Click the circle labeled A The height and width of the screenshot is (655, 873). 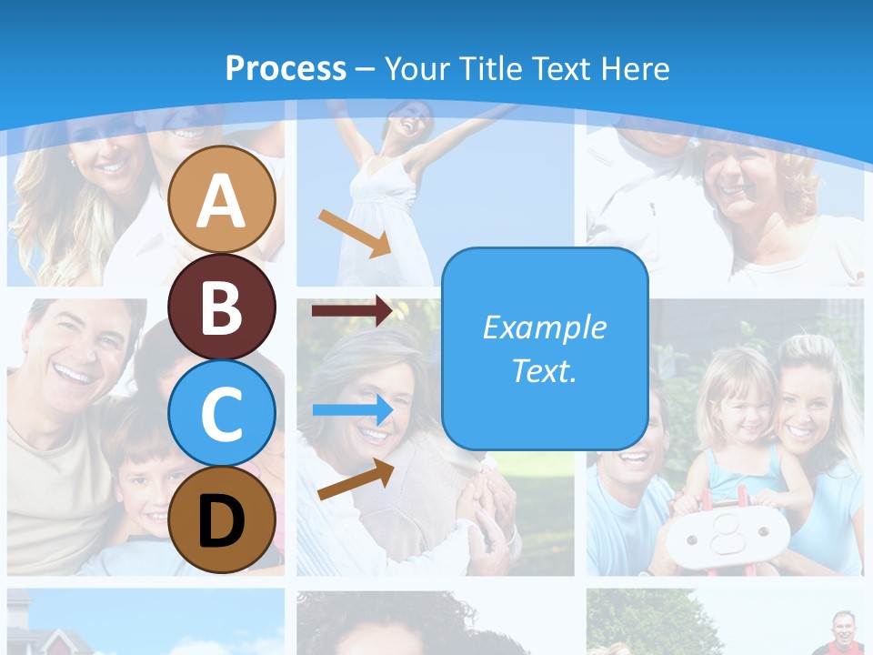[222, 200]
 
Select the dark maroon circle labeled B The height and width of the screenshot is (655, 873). [222, 307]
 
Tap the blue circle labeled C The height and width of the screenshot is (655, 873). [222, 413]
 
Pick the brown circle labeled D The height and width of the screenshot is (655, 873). [222, 519]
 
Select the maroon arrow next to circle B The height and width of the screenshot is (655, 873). [352, 310]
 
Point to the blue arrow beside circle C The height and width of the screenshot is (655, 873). [353, 409]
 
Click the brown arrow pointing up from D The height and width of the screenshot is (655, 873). [356, 479]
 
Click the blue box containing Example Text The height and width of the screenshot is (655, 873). [545, 348]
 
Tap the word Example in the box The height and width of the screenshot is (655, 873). [545, 327]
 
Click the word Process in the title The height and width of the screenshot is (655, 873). [286, 68]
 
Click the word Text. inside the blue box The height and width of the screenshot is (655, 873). [545, 371]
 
